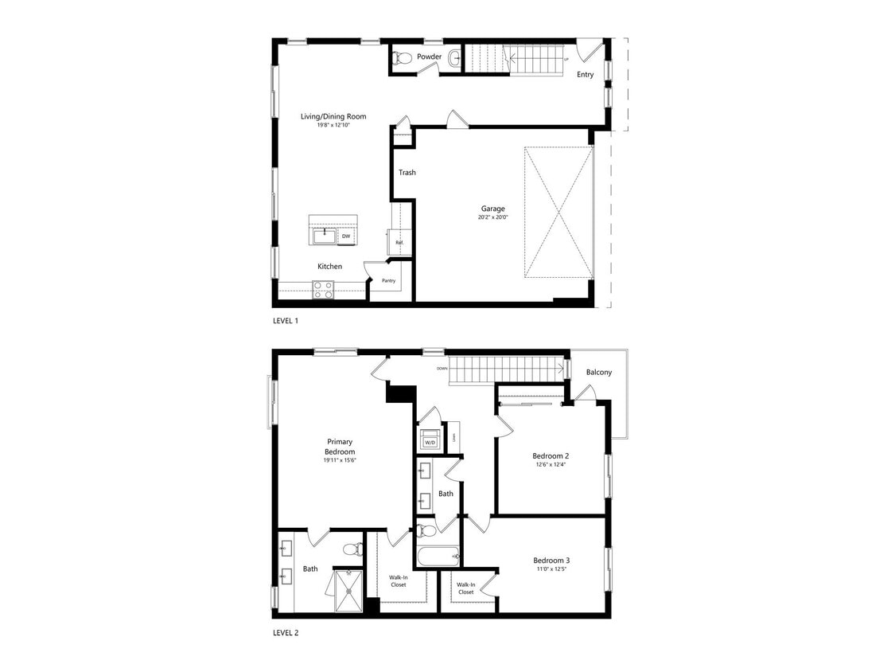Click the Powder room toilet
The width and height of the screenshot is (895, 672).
(x=403, y=57)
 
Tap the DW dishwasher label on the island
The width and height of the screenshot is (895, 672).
(x=346, y=236)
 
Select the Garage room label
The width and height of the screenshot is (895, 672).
(x=492, y=209)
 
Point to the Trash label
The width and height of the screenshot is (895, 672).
(x=407, y=173)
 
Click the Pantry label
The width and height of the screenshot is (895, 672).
(x=388, y=280)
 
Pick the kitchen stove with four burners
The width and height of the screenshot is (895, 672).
(x=323, y=291)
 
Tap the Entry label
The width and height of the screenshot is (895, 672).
(x=585, y=75)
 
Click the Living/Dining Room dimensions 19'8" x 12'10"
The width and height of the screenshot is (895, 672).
(x=333, y=125)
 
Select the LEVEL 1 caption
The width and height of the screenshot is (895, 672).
(x=286, y=321)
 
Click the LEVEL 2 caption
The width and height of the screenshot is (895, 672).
(x=286, y=633)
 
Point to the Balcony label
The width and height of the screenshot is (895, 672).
(x=598, y=373)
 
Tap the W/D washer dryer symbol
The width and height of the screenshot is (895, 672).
(x=430, y=441)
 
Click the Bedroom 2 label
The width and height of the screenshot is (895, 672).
(x=551, y=456)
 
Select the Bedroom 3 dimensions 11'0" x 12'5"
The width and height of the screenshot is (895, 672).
(x=551, y=569)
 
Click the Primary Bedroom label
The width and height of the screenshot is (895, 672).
(x=339, y=447)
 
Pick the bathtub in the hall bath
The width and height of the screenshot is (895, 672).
(x=438, y=555)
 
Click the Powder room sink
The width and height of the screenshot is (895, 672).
(x=454, y=57)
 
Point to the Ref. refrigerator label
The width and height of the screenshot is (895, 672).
(x=399, y=242)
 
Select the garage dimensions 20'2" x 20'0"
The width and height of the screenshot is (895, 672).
(x=492, y=217)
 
